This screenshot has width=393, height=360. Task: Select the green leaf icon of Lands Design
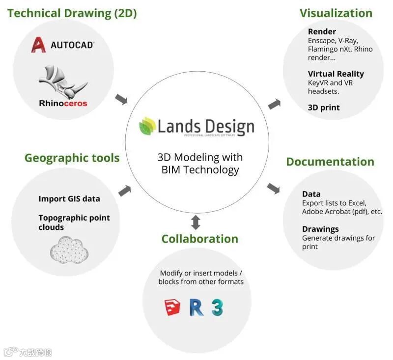pyautogui.click(x=147, y=126)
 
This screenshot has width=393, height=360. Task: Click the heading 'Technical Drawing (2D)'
pyautogui.click(x=72, y=13)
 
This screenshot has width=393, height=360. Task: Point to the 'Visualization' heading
pyautogui.click(x=336, y=13)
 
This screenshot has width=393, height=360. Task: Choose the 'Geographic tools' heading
pyautogui.click(x=72, y=158)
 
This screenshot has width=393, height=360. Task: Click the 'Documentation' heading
pyautogui.click(x=330, y=162)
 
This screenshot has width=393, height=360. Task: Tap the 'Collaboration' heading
pyautogui.click(x=199, y=239)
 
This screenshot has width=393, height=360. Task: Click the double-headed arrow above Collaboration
pyautogui.click(x=196, y=222)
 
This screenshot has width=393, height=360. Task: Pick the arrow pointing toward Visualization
pyautogui.click(x=275, y=104)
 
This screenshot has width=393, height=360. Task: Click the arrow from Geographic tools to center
pyautogui.click(x=125, y=190)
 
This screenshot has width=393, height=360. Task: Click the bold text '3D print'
pyautogui.click(x=324, y=107)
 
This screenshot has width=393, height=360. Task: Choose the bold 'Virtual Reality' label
pyautogui.click(x=336, y=74)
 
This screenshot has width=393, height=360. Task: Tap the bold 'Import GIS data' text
pyautogui.click(x=69, y=199)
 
